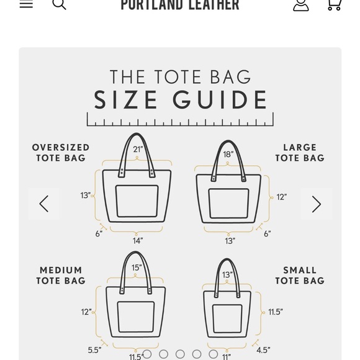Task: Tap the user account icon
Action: [x=301, y=4]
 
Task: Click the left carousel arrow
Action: [x=44, y=204]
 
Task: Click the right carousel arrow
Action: [x=316, y=204]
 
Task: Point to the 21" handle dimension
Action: [x=138, y=149]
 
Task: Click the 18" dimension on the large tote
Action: [x=228, y=154]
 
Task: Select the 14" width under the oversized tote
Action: [x=138, y=240]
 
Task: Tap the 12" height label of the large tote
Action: [x=282, y=197]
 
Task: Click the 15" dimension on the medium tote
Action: [x=137, y=268]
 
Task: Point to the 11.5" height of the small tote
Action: [x=276, y=312]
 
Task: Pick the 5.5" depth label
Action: [x=94, y=350]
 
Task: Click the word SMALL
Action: [x=300, y=271]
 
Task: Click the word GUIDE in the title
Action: [x=225, y=100]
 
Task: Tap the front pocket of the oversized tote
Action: [x=137, y=201]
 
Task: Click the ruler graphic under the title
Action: [x=180, y=119]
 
